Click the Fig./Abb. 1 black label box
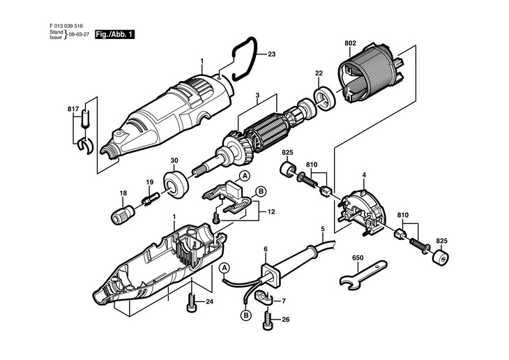click(x=115, y=34)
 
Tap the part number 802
click(x=350, y=43)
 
